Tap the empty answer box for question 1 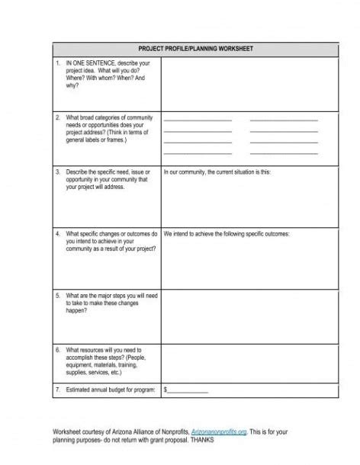(249, 84)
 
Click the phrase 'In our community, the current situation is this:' (217, 173)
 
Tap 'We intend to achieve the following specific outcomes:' (227, 234)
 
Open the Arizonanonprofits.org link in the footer (219, 431)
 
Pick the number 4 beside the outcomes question (57, 234)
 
